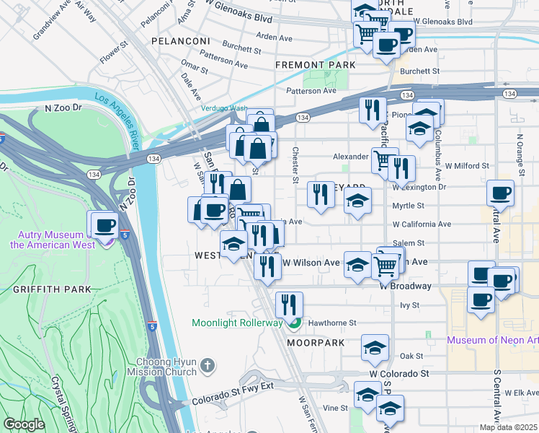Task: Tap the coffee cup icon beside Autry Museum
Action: click(104, 224)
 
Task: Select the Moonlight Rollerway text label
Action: click(236, 323)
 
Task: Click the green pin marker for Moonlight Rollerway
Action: click(293, 323)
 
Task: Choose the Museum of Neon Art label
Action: click(492, 340)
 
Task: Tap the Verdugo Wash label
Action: click(223, 109)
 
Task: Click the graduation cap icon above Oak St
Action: click(375, 347)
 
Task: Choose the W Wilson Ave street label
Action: click(311, 263)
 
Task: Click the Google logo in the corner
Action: click(24, 424)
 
